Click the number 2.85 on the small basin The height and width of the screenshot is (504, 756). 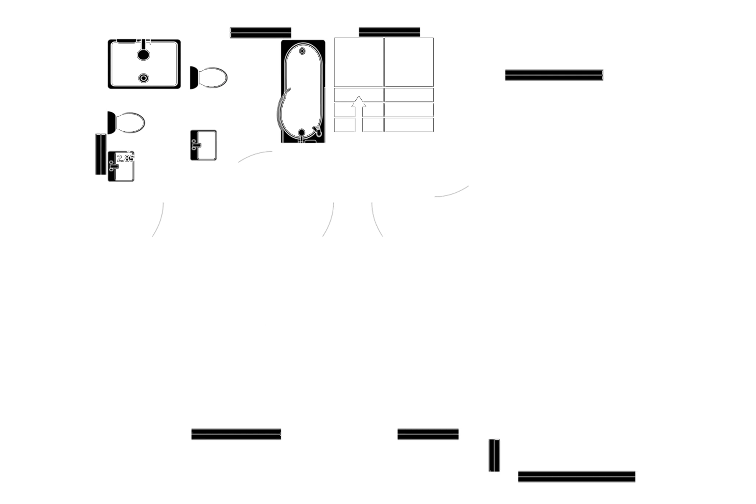coord(125,158)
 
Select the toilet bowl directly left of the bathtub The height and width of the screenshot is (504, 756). coord(212,78)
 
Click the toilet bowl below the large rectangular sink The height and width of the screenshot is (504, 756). coord(129,123)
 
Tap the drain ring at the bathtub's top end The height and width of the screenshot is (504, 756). coord(302,51)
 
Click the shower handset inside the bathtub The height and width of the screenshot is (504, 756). coord(318,130)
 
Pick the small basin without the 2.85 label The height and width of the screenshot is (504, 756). coord(203,145)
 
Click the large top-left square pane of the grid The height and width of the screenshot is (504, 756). coord(358,62)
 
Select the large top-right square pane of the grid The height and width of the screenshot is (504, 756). coord(409,62)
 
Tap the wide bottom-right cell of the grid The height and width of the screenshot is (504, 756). coord(409,125)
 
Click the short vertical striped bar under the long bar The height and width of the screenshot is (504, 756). coord(495,455)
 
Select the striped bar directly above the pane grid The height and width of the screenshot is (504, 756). coord(389,32)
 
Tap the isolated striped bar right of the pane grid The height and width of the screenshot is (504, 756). coord(554,75)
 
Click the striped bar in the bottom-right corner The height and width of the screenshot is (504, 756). coord(576,476)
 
